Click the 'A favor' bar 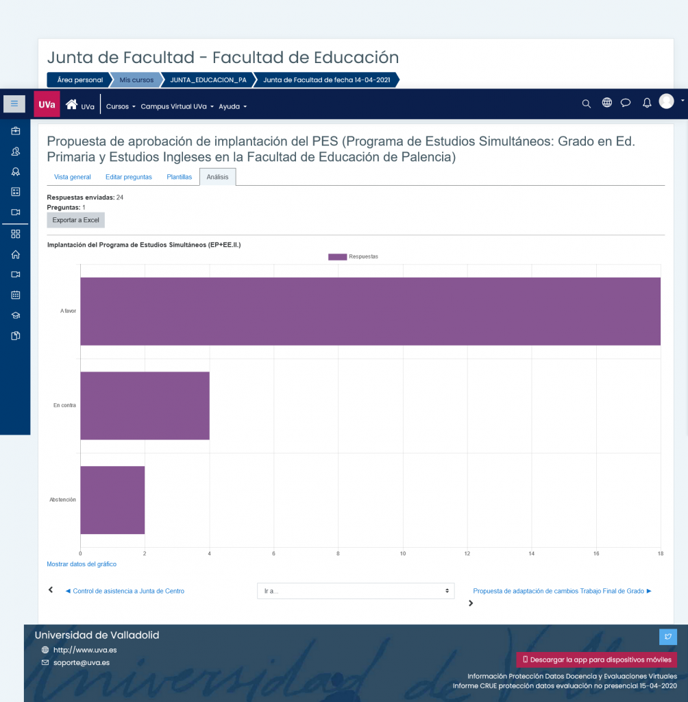[x=370, y=311]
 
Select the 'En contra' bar [x=145, y=406]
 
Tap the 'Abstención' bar [x=112, y=500]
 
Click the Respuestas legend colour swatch [x=338, y=256]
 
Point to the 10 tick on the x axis [x=403, y=553]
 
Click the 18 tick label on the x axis [x=661, y=553]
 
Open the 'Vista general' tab [x=73, y=177]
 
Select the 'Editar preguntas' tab [x=128, y=177]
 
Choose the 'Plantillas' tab [x=179, y=177]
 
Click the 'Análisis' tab [x=217, y=177]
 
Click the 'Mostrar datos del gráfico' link [x=82, y=564]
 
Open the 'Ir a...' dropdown [x=356, y=591]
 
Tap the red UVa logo [x=47, y=104]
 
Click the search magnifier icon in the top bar [x=586, y=104]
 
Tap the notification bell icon [x=647, y=104]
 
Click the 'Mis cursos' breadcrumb [x=136, y=80]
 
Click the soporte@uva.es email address [x=82, y=663]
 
